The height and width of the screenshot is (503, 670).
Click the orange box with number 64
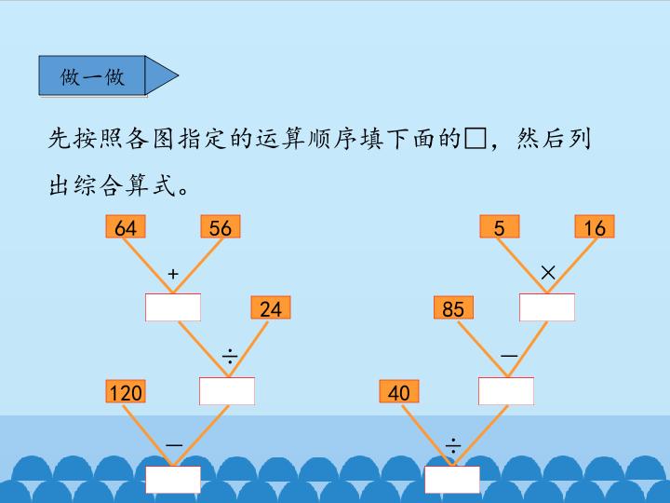[126, 227]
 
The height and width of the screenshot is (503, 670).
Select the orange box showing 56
[221, 227]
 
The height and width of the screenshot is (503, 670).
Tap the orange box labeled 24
[270, 308]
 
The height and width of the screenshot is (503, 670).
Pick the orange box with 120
[126, 392]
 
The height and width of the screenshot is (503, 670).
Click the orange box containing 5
[500, 227]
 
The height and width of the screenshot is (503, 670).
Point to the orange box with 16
[596, 227]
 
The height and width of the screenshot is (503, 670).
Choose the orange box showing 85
[453, 308]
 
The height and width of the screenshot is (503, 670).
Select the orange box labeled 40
[398, 392]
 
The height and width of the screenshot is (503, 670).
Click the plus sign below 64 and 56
[172, 274]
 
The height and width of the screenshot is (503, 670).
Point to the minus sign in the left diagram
[174, 446]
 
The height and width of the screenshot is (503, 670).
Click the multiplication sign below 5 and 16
[548, 272]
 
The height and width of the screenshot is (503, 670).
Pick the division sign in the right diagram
[453, 446]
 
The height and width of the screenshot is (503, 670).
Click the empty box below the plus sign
[173, 307]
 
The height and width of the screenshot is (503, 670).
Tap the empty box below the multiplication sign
[547, 307]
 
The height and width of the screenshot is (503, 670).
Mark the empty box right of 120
[227, 391]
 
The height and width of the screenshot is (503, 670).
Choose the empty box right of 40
[506, 391]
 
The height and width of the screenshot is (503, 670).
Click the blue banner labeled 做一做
[93, 76]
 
